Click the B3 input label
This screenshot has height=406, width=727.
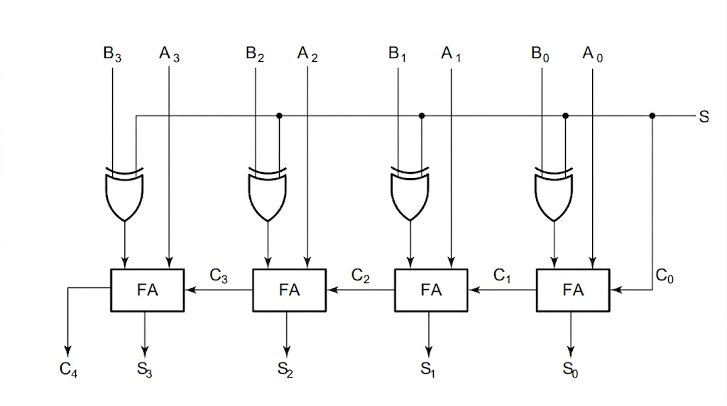[x=112, y=54]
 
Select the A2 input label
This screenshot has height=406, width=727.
[x=307, y=54]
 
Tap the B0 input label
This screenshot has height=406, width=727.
[x=540, y=54]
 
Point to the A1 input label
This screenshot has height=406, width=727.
[x=451, y=54]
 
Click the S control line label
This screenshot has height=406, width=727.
[x=704, y=116]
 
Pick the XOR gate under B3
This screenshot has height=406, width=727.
[x=124, y=194]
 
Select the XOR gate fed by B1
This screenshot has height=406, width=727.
[x=410, y=194]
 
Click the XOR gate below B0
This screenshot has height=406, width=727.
[x=554, y=194]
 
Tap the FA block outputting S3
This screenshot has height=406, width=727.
[x=148, y=290]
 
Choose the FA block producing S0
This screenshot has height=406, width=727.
[x=573, y=290]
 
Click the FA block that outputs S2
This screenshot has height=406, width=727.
[x=290, y=290]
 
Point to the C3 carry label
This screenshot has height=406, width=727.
[x=219, y=276]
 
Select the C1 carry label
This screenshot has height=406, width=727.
[x=502, y=276]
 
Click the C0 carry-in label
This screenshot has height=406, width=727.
[x=665, y=276]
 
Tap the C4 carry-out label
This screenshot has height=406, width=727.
[x=69, y=370]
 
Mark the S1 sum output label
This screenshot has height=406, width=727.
[x=427, y=370]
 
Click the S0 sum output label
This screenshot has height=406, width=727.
[x=570, y=370]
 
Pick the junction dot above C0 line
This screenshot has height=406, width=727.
[x=652, y=116]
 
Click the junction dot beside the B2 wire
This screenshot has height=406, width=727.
[x=279, y=116]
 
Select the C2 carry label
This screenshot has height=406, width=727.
[x=360, y=276]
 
